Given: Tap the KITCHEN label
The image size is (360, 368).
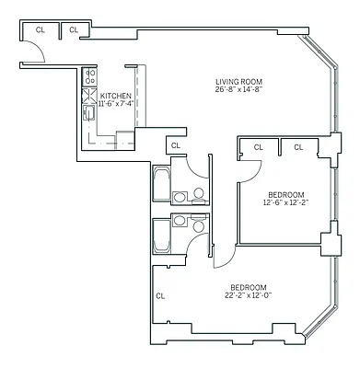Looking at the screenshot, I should (116, 96).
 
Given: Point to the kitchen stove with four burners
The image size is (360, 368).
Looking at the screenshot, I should (90, 76).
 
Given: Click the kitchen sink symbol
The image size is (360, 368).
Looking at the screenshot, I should (90, 114).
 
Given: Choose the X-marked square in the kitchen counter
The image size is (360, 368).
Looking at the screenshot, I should (90, 95).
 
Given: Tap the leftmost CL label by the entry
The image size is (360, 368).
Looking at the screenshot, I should (40, 29).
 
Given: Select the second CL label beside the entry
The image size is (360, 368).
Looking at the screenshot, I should (74, 29).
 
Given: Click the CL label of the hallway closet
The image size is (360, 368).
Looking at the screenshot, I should (175, 144).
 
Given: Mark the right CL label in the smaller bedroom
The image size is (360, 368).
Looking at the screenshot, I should (299, 146).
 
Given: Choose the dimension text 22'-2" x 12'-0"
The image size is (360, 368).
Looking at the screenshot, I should (249, 294).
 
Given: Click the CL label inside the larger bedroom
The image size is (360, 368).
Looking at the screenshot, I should (160, 295).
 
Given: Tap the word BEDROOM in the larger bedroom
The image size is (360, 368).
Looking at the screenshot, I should (249, 285).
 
